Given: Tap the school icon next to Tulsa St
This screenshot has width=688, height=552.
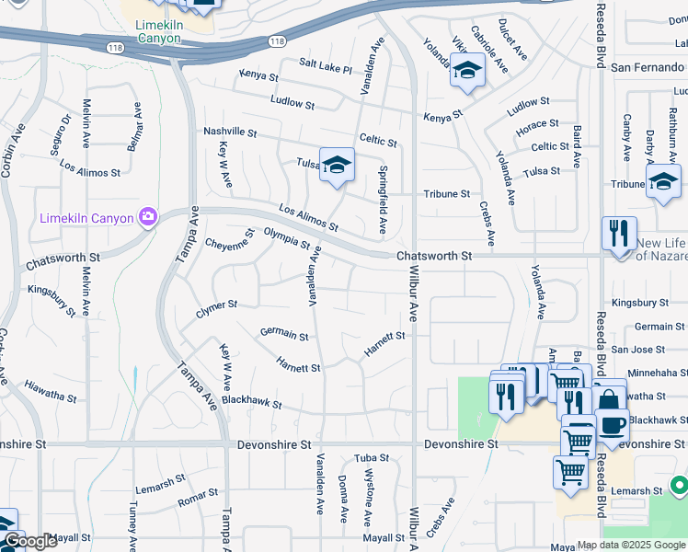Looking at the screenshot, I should (337, 167).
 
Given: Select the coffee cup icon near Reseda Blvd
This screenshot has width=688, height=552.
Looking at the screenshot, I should (613, 426).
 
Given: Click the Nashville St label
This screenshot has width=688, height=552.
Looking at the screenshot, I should (230, 132).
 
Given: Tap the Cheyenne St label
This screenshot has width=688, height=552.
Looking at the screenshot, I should (228, 245).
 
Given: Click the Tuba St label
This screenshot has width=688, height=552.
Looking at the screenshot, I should (373, 458).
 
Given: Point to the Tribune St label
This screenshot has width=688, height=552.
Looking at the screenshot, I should (447, 194).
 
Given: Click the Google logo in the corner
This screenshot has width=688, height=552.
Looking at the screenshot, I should (29, 541).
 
